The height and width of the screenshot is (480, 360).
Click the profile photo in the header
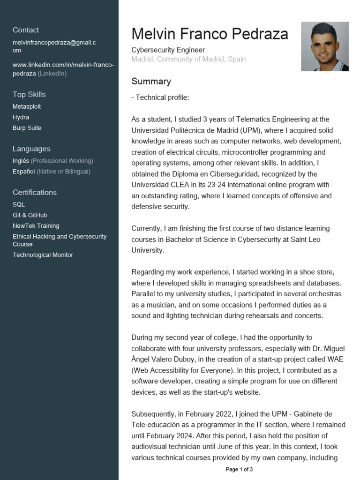(x=324, y=46)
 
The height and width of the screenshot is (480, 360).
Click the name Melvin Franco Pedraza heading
(x=210, y=34)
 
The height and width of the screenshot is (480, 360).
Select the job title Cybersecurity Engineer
(x=168, y=50)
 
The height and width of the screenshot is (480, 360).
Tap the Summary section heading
(x=151, y=82)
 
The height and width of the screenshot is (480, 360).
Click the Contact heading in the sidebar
(x=26, y=30)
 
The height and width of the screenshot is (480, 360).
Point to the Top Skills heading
(x=29, y=95)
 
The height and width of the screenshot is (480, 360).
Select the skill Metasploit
(x=27, y=107)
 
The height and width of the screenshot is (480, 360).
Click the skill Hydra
(x=21, y=117)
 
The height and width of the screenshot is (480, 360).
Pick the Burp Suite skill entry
(x=27, y=128)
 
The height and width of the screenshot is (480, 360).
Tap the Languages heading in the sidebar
(x=31, y=149)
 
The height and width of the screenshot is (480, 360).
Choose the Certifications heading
(x=34, y=193)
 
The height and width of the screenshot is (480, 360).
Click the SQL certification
(x=19, y=205)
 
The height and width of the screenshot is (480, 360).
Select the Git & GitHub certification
(x=30, y=215)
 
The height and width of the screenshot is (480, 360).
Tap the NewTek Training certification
(x=36, y=226)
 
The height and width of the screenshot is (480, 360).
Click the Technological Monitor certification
(x=43, y=255)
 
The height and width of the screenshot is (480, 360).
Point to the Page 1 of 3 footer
(x=239, y=469)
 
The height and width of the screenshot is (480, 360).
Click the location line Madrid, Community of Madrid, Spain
(x=188, y=60)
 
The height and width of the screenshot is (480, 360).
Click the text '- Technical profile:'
(x=160, y=98)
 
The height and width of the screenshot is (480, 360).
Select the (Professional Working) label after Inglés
(x=62, y=161)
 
